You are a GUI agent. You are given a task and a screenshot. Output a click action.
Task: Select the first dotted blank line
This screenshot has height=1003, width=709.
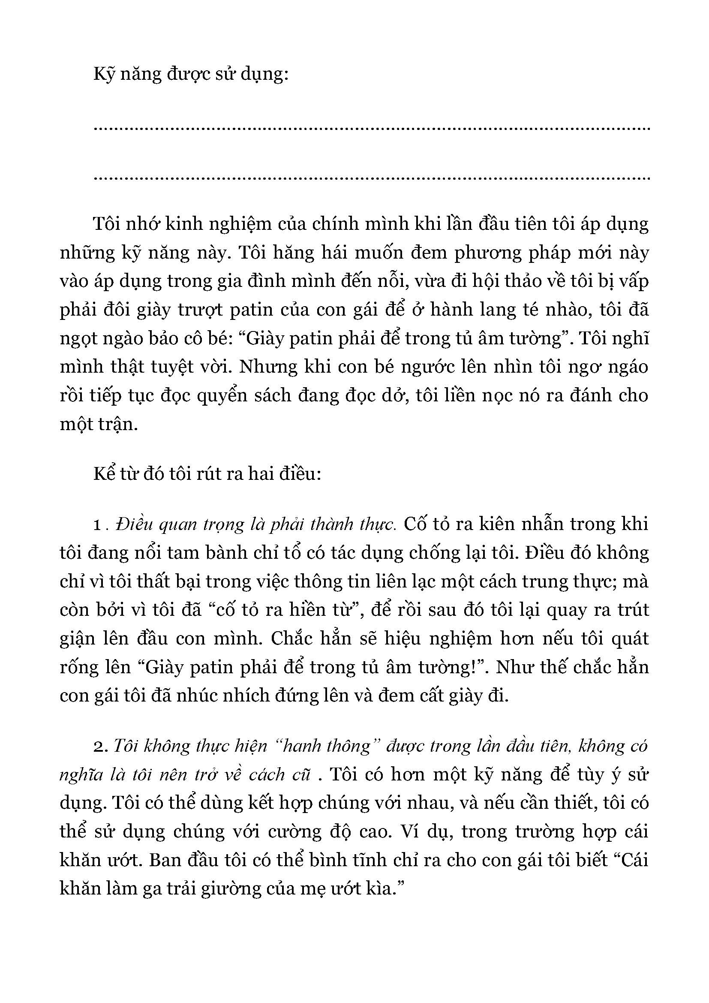coord(372,129)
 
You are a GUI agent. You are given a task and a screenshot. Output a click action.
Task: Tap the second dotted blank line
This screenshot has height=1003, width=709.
coord(372,178)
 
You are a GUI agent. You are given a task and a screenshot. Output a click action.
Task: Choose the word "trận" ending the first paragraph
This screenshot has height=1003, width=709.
coord(117,424)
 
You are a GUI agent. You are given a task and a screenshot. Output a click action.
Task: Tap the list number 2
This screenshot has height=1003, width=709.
coord(100,747)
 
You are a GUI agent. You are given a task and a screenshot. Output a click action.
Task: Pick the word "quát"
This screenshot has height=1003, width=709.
coord(628,639)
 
